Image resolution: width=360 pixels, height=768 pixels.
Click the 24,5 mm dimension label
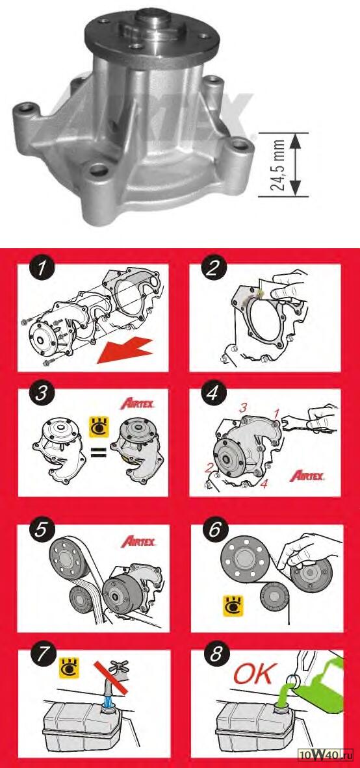pos(279,164)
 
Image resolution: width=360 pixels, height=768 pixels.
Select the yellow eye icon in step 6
pos(231,606)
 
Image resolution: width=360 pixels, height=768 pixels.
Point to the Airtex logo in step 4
pos(307,475)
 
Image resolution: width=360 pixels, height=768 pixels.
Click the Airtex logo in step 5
pos(138,541)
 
